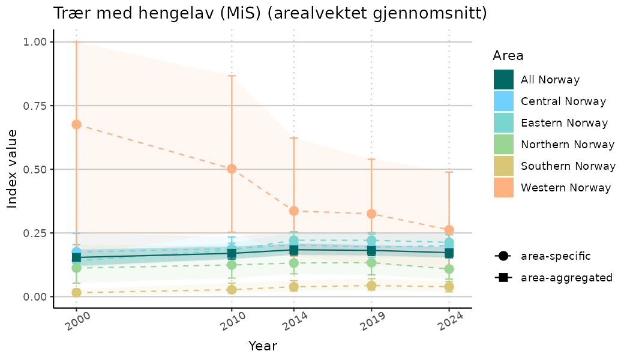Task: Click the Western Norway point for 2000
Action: [76, 124]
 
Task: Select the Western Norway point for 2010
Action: [232, 169]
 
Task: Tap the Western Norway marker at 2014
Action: [294, 211]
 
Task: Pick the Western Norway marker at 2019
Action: [371, 214]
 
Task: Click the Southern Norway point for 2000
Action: [76, 292]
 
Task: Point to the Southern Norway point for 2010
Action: [232, 289]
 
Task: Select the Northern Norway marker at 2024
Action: [449, 269]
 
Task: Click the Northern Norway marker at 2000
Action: [76, 268]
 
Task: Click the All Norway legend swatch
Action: [503, 80]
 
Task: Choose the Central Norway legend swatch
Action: [503, 101]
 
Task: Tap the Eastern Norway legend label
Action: [564, 123]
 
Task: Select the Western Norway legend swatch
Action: [503, 188]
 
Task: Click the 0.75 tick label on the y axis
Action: [34, 106]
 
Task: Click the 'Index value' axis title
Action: [12, 169]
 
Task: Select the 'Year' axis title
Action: [263, 346]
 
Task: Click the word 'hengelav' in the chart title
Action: [167, 13]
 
